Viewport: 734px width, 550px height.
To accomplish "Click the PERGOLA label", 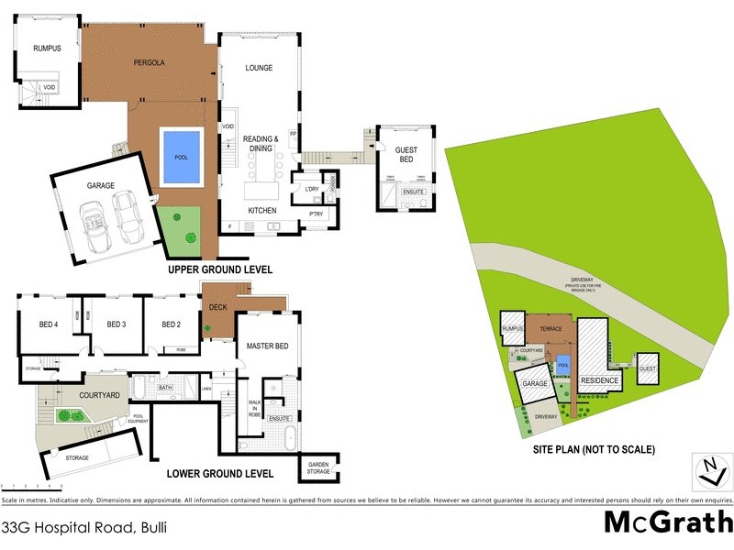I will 149,63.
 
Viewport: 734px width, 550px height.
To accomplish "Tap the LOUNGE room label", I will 260,68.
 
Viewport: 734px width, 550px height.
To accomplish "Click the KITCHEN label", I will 262,211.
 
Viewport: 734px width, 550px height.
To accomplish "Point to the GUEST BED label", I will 406,155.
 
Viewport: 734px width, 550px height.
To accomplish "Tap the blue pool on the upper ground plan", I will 180,159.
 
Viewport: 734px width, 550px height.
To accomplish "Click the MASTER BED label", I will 268,346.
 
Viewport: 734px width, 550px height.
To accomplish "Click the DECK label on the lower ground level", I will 218,308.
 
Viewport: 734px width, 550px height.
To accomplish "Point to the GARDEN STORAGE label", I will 318,467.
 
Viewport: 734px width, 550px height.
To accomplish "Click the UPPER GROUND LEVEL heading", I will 219,270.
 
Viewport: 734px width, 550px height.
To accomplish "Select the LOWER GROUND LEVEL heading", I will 220,474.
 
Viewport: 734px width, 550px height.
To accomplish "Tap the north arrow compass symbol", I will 709,470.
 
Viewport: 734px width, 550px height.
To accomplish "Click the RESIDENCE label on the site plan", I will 599,379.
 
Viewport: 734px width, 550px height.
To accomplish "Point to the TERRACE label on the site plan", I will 550,328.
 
